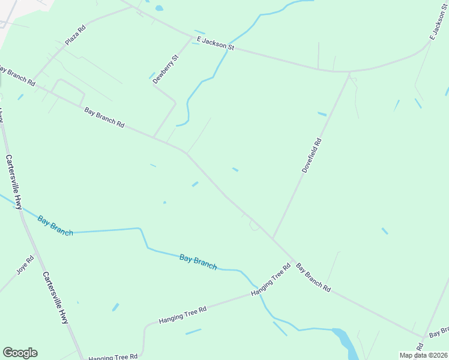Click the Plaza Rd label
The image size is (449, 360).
click(75, 35)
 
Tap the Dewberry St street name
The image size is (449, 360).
click(165, 69)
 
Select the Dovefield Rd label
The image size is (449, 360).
click(312, 156)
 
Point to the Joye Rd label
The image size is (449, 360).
click(25, 265)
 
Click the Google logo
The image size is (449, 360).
click(20, 353)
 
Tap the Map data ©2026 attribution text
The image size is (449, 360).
click(423, 355)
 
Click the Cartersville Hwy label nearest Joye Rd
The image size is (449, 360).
click(55, 298)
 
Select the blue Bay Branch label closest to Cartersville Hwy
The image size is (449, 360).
click(55, 225)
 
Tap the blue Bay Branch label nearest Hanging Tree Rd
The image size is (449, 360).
click(197, 262)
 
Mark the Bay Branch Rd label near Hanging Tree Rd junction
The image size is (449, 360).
click(313, 277)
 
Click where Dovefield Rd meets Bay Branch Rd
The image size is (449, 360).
click(273, 238)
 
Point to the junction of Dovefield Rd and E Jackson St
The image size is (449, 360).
click(349, 72)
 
